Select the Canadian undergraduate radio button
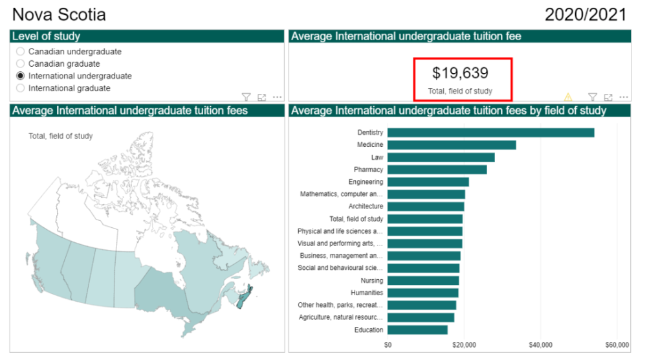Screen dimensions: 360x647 [x=21, y=51]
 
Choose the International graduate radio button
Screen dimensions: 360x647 [x=21, y=88]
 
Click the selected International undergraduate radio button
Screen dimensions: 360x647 [x=21, y=76]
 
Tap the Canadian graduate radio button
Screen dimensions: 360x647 [x=21, y=63]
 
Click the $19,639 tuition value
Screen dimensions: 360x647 [x=460, y=73]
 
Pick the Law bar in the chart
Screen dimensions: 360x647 [x=441, y=157]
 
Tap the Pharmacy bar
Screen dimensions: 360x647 [x=437, y=170]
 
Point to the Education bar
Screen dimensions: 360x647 [x=417, y=330]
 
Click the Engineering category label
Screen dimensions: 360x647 [x=366, y=182]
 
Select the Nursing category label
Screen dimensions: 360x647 [x=372, y=280]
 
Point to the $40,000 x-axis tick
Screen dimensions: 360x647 [x=540, y=344]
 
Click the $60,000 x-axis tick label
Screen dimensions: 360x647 [x=617, y=344]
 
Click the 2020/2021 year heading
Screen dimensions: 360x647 [x=586, y=14]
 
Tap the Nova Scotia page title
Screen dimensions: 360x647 [x=59, y=14]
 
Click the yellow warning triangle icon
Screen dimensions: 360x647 [x=569, y=97]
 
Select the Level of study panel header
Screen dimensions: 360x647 [x=147, y=36]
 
